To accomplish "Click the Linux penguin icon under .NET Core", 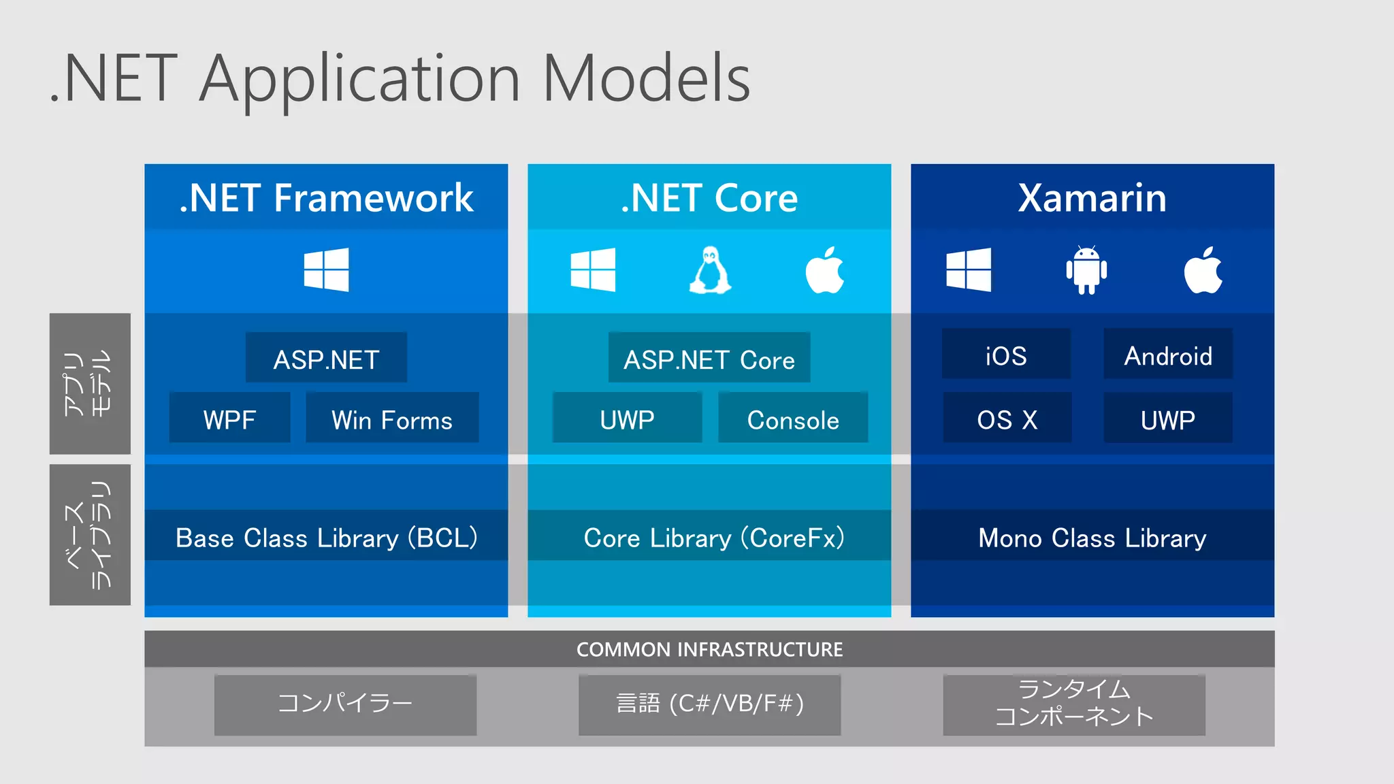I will coord(710,270).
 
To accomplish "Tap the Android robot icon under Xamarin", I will coord(1086,270).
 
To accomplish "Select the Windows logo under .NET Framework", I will coord(326,270).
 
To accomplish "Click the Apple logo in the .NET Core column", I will coord(825,271).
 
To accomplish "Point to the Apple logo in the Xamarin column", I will coord(1203,271).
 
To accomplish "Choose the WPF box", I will coord(229,418).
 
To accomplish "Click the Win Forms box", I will coord(392,418).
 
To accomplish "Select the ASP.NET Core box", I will coord(709,358).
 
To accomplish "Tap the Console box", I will coord(793,418).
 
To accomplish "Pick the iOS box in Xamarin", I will coord(1006,355).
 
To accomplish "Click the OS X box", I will coord(1007,418).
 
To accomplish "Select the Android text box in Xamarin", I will coord(1168,355).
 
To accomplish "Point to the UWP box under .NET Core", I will coord(627,418).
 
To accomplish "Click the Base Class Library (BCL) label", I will coord(326,536).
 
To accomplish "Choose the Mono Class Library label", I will coord(1092,536).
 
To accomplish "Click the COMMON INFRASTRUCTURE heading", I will coord(709,649).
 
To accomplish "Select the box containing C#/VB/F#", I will coord(709,704).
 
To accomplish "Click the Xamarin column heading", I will coord(1092,198).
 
